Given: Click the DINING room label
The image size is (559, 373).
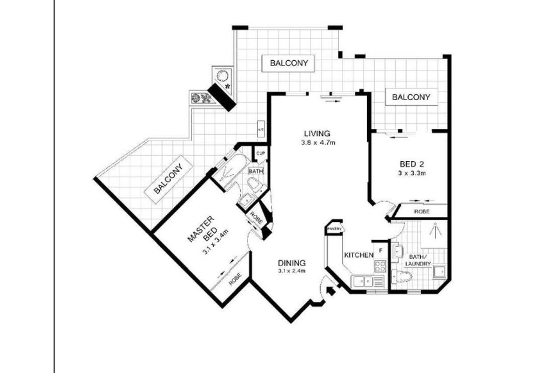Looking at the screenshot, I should (x=292, y=262).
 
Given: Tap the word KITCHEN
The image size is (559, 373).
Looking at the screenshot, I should (x=359, y=255).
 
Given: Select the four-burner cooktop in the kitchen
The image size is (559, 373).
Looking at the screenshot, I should (x=380, y=267).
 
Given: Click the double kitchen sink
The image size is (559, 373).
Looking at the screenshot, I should (x=362, y=281).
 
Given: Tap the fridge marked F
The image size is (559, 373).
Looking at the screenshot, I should (x=381, y=250).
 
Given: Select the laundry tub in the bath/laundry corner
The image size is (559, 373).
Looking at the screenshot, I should (x=439, y=272).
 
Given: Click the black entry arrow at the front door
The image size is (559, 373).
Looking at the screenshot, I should (x=332, y=291).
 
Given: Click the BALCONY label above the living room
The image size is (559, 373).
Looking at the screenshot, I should (x=289, y=63).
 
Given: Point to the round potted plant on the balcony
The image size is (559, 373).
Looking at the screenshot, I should (x=223, y=75).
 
